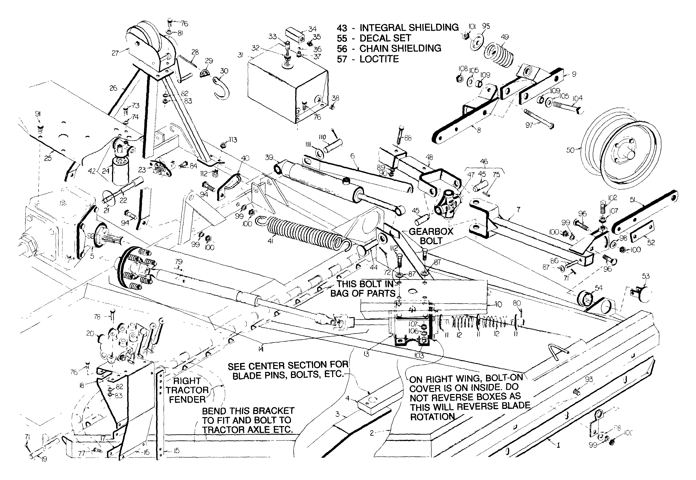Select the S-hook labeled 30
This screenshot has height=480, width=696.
pos(221,89)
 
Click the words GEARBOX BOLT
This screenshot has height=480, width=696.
pos(431,236)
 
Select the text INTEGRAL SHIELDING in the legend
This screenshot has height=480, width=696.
pos(409,28)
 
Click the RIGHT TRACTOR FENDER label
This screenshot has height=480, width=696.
pos(187,390)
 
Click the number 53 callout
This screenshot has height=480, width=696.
pos(646,276)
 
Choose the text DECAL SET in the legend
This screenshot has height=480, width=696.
pos(385,38)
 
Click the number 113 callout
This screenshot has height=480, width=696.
pos(233,140)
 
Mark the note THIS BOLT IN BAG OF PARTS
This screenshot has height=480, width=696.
pos(363,289)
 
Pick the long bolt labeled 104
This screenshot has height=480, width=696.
pos(565,107)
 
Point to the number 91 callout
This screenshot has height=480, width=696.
pos(38,114)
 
